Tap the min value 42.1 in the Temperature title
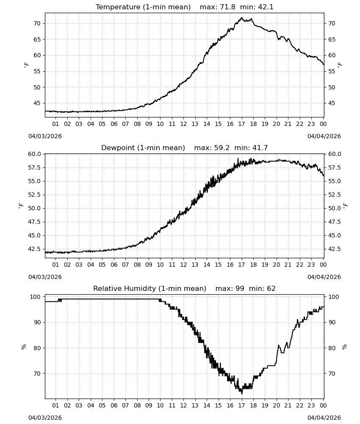tap(266, 7)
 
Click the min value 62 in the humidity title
tap(271, 288)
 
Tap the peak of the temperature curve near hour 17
tap(242, 17)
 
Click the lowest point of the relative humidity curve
tap(242, 393)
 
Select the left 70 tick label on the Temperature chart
tap(37, 23)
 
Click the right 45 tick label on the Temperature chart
tap(332, 103)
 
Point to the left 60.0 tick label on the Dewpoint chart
tap(34, 154)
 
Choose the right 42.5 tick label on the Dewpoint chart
tap(334, 249)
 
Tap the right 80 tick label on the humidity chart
tap(332, 348)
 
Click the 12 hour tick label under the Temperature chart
tap(183, 124)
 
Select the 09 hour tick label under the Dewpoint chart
tap(149, 265)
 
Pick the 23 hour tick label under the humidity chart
tap(311, 405)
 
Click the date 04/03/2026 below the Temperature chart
tap(45, 136)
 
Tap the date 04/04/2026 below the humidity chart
tap(324, 418)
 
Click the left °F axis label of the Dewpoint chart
tap(21, 206)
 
